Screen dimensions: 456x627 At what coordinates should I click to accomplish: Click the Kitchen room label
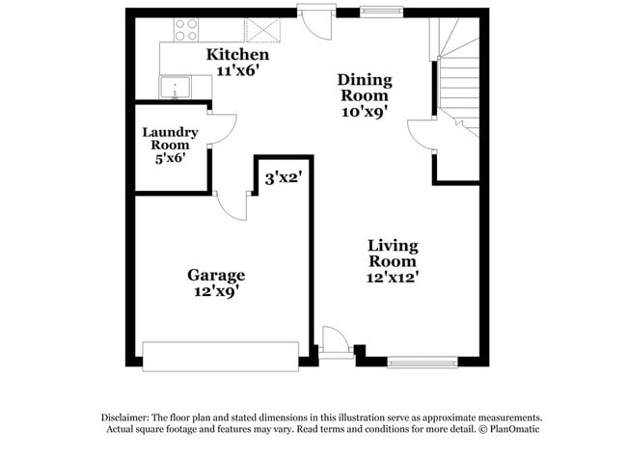pos(236,55)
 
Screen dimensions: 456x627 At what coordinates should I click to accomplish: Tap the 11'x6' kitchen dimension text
pos(236,70)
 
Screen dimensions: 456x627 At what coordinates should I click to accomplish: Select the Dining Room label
pos(363,88)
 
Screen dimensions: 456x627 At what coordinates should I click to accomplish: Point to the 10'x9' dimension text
pos(363,111)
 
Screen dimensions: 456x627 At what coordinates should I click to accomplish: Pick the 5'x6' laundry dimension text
pos(171,157)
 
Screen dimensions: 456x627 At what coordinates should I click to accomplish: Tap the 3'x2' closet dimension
pos(284,178)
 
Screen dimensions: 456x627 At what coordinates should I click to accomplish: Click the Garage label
pos(215,275)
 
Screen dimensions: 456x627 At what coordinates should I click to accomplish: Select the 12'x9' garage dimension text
pos(215,291)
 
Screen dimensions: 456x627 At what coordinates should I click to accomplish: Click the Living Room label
pos(393,253)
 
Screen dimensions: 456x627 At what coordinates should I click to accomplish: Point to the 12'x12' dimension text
pos(393,277)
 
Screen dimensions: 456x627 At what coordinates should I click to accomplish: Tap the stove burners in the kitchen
pos(185,31)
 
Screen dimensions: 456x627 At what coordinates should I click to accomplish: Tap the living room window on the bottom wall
pos(422,362)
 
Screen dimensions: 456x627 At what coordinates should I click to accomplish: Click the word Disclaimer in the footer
pos(130,416)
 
